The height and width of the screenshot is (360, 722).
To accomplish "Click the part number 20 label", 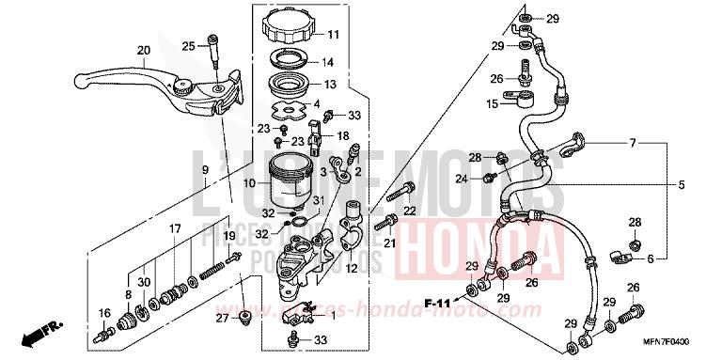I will pos(143,50).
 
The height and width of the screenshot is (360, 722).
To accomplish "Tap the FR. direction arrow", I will pos(43,331).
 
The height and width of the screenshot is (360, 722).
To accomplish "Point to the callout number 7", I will pos(633,143).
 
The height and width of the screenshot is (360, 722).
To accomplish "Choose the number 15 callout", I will pos(492,103).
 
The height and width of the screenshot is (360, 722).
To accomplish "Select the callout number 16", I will pos(103,313).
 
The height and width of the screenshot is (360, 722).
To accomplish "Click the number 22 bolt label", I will pos(410,211).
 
